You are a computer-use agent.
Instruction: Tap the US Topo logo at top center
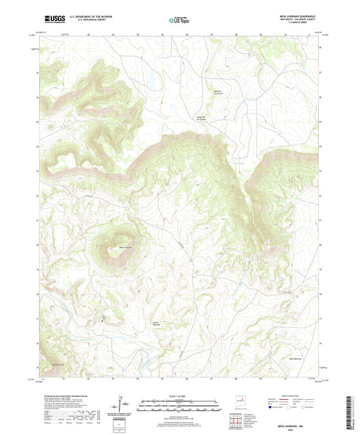point(178,20)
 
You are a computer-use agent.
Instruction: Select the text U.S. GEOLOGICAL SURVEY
point(84,20)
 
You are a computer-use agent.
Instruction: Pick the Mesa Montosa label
point(296,358)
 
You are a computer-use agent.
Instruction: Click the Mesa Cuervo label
point(59,365)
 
